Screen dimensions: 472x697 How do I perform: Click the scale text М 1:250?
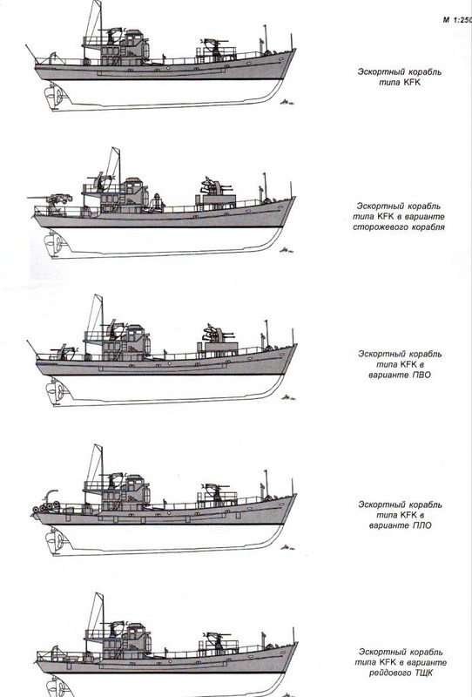(x=457, y=20)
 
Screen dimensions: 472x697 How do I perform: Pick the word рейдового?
(x=389, y=673)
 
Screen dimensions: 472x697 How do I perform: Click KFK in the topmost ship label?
(x=412, y=82)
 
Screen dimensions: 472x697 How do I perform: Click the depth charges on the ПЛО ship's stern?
(x=45, y=507)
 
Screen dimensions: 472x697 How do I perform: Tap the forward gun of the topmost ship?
(x=215, y=47)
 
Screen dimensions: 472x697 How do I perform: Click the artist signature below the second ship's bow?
(x=287, y=250)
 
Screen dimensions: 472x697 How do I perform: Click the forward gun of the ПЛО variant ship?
(x=216, y=491)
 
